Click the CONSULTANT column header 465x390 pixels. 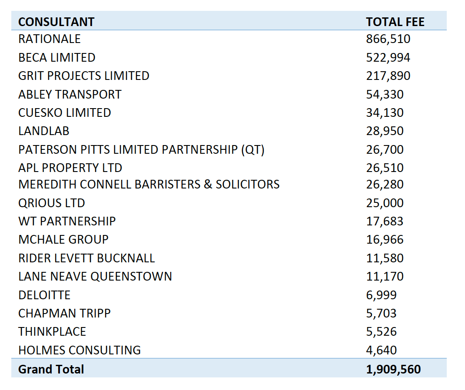coord(56,22)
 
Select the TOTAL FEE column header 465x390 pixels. coord(395,22)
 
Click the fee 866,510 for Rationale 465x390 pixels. coord(388,39)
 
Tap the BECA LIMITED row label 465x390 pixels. coord(56,57)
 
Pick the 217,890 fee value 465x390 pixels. coord(388,76)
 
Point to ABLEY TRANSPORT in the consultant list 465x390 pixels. coord(69,94)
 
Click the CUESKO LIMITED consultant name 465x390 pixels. coord(64,113)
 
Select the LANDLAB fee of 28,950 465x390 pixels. coord(385,131)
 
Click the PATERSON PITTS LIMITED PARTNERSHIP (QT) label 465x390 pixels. coord(141,150)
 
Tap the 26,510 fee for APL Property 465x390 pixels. coord(385,168)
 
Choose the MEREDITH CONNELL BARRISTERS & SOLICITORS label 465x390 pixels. coord(148,184)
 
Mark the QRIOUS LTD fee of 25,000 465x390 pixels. coord(385,203)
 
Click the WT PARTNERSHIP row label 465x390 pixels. coord(67,221)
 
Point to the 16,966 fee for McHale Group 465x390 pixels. coord(385,240)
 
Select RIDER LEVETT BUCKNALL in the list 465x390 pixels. coord(86,258)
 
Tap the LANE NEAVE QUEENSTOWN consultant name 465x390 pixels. coord(95,277)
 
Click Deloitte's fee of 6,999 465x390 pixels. coord(381,295)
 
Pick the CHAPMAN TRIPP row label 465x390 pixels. coord(64,314)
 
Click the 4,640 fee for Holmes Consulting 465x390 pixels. coord(381,350)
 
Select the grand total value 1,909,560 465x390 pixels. coord(393,369)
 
